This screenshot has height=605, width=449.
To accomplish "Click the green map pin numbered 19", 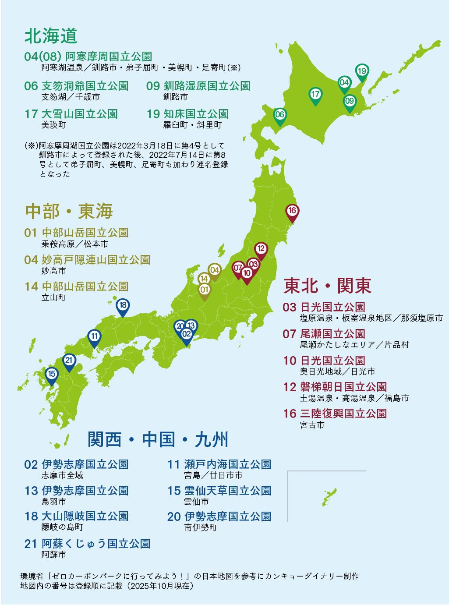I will (x=361, y=71).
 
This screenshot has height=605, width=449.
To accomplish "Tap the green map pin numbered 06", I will (x=279, y=115).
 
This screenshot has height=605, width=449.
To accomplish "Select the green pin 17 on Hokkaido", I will (x=315, y=95).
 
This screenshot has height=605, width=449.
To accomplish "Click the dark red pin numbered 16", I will (x=292, y=211).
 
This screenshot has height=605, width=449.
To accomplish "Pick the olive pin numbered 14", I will (x=204, y=279).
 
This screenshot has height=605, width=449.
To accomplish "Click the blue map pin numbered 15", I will (x=52, y=374).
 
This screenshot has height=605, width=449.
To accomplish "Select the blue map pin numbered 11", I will (x=94, y=336).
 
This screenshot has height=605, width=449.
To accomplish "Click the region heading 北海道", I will (x=51, y=36).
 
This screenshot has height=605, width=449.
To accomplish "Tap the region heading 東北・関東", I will (x=328, y=286).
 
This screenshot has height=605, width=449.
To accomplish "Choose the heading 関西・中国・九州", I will (x=158, y=439).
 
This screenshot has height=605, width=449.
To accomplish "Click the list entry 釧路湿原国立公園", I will (x=207, y=86).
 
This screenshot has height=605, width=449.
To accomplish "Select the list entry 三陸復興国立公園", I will (x=343, y=414).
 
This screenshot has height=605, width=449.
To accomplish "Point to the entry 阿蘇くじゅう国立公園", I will (x=95, y=544).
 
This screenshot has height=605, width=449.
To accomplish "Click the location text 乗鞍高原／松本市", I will (x=74, y=244).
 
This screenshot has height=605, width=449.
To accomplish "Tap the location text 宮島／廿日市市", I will (x=213, y=475).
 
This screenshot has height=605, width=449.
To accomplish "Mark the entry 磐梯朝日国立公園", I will (x=343, y=387).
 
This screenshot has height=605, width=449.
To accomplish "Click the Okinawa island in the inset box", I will (x=329, y=497).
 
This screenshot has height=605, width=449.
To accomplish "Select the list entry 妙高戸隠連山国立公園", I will (x=95, y=260).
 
